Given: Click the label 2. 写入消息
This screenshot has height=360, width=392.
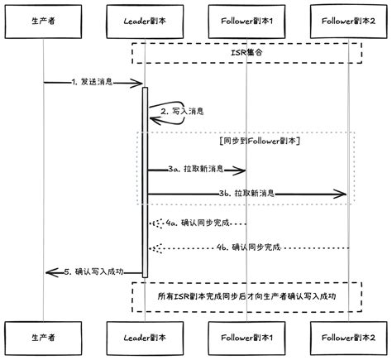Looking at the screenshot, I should click(182, 110).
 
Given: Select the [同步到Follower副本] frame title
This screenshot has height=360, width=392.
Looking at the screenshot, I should click(260, 142).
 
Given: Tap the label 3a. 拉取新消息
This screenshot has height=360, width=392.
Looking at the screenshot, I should click(195, 170).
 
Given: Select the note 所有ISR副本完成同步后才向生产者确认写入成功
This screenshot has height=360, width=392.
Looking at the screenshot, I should click(246, 295).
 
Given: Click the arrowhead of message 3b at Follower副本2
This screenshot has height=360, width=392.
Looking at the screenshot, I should click(341, 194).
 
